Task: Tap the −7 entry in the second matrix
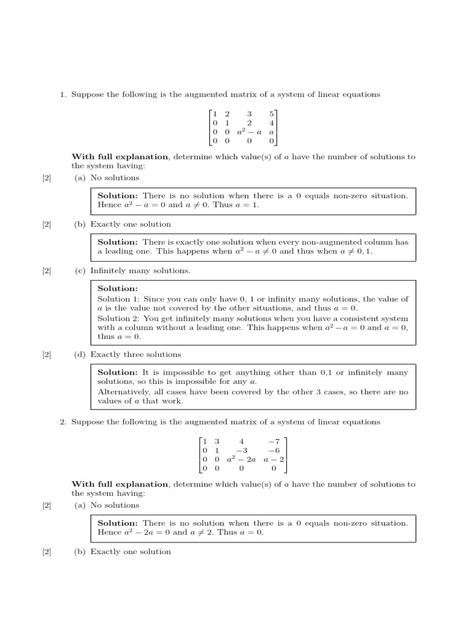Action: click(x=274, y=441)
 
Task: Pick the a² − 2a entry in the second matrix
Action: click(x=240, y=459)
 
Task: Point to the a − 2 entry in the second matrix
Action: click(x=274, y=459)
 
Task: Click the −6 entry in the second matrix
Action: click(x=274, y=450)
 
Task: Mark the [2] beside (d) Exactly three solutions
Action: click(x=47, y=354)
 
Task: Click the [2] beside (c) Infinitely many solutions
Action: click(x=47, y=270)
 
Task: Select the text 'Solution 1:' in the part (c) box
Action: click(x=118, y=299)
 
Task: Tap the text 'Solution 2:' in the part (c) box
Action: click(x=118, y=319)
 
